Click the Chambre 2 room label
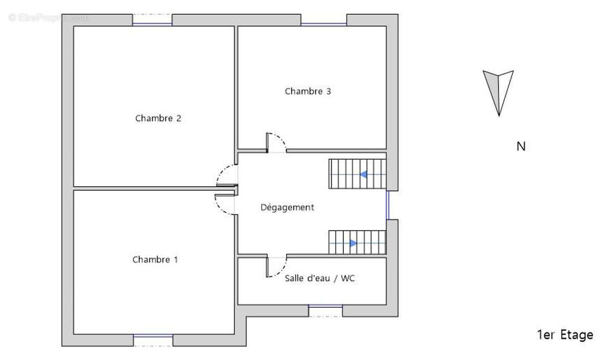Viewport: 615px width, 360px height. (158, 118)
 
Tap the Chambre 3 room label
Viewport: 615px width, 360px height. (307, 92)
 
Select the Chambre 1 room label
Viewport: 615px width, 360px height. (155, 259)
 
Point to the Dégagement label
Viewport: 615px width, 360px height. (287, 208)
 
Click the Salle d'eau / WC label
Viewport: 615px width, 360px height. (320, 279)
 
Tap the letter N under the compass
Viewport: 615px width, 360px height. (521, 147)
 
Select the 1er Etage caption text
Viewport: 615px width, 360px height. (565, 335)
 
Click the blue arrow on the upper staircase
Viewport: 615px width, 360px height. (363, 174)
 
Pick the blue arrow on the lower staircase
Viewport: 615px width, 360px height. (353, 244)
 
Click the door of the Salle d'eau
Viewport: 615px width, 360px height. (277, 267)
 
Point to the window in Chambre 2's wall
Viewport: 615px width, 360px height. (152, 21)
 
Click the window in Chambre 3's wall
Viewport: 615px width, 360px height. (323, 21)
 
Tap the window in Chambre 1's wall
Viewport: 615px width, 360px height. (153, 339)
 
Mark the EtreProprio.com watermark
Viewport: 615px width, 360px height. (49, 17)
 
